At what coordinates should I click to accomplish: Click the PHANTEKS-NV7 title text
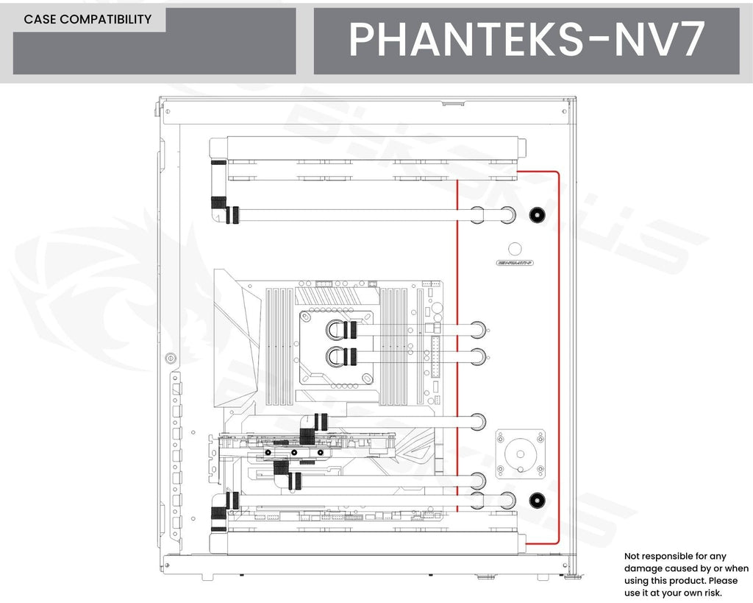pos(527,40)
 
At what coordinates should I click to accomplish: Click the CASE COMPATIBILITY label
pos(88,20)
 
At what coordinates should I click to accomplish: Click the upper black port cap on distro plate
pos(537,216)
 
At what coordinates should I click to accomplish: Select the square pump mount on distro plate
pos(521,454)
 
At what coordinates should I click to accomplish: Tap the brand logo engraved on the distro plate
pos(515,262)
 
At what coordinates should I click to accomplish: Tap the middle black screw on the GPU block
pos(293,452)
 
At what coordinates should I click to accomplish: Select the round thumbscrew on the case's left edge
pos(171,359)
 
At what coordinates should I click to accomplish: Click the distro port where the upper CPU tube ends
pos(477,329)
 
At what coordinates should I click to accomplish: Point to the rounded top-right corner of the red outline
pos(557,174)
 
